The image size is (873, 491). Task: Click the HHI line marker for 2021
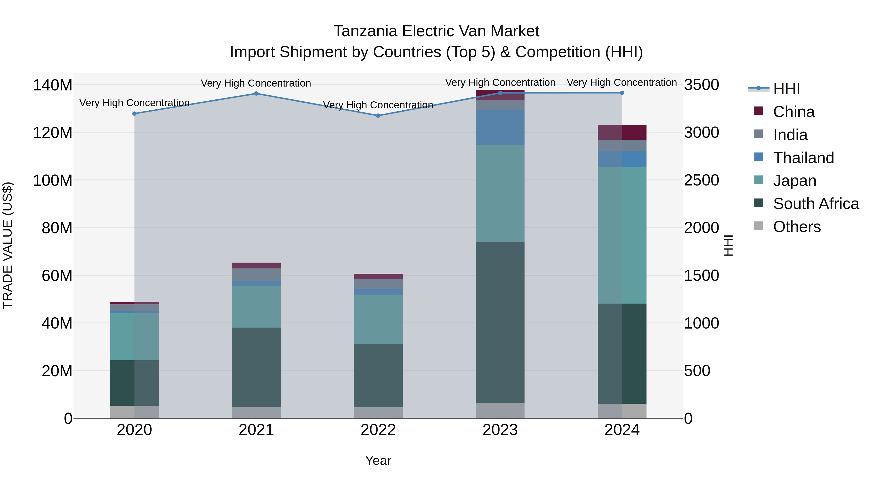click(256, 94)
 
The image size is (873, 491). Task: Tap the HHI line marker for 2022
click(378, 116)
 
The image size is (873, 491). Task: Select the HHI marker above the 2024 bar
click(622, 93)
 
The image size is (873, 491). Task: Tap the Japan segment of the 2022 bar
click(378, 319)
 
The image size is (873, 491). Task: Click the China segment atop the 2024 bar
click(622, 132)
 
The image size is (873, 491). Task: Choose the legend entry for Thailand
click(803, 158)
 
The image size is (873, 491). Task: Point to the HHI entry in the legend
click(786, 89)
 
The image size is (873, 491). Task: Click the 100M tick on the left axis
click(53, 180)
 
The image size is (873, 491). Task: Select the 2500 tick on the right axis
click(701, 180)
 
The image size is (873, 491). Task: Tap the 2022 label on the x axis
click(378, 430)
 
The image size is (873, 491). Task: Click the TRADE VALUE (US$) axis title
click(8, 245)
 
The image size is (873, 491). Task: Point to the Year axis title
click(378, 460)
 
